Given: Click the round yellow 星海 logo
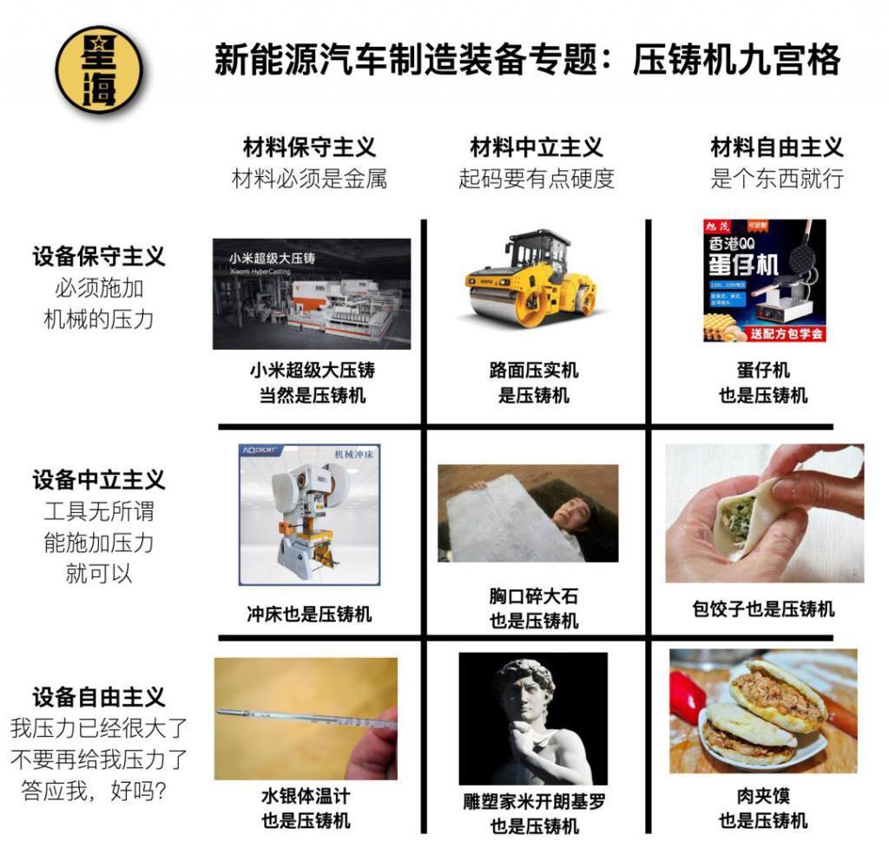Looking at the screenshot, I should [x=98, y=69].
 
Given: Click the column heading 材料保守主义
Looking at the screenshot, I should [x=309, y=148].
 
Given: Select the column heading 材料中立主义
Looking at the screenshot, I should [x=536, y=148].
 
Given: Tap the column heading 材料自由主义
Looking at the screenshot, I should [x=776, y=148].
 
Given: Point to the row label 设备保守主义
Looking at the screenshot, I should [x=98, y=257].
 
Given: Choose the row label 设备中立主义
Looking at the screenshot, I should [x=98, y=480].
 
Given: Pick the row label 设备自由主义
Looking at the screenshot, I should [x=98, y=697].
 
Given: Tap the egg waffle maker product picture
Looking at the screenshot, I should [x=764, y=280].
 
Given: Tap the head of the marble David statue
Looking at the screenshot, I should [x=525, y=686].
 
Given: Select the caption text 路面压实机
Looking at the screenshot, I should [x=533, y=371].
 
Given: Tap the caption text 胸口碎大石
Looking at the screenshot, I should [x=533, y=596].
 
